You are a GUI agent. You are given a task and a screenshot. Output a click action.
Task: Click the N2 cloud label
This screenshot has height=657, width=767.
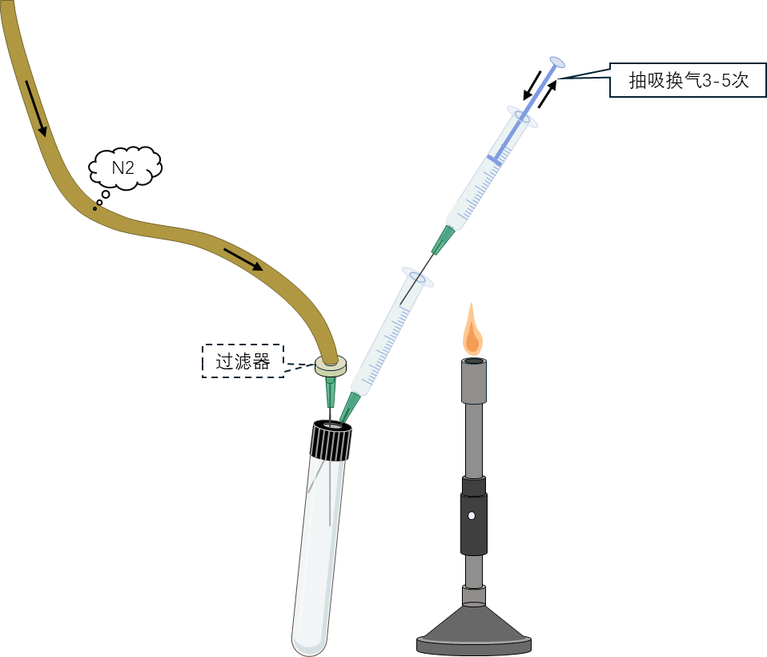tap(123, 167)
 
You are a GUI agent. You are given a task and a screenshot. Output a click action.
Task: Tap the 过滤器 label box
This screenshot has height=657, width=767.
tap(243, 361)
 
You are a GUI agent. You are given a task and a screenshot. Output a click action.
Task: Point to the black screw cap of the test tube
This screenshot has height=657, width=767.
tap(331, 440)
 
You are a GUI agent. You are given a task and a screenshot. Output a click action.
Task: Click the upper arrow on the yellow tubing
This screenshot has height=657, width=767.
tap(37, 107)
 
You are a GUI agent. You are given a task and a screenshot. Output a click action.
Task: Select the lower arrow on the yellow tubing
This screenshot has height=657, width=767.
tap(243, 260)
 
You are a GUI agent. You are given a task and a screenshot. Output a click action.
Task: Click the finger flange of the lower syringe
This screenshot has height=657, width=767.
tap(417, 277)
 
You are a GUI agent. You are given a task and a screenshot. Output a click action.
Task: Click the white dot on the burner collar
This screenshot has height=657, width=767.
tap(472, 515)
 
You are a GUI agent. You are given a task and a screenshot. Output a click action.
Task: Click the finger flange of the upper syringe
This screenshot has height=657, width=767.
tap(522, 116)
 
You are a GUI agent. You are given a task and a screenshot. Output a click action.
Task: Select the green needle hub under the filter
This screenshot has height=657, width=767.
tap(329, 392)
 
